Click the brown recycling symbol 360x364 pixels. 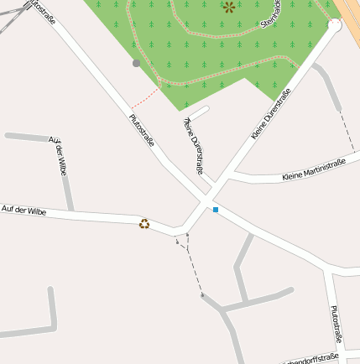point(144,224)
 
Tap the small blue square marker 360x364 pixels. point(216,210)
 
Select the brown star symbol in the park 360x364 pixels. point(229,8)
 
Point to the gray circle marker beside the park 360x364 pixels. point(136,63)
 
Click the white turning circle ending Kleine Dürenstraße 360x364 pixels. point(335,26)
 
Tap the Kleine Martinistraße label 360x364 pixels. point(314,169)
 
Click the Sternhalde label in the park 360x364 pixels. point(270,15)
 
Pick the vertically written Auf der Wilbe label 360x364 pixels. point(58,155)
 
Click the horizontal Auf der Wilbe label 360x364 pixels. point(23,210)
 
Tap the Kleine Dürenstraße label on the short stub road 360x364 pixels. point(193,144)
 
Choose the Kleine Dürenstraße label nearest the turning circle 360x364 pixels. point(271,112)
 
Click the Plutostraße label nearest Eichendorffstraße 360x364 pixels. point(336,324)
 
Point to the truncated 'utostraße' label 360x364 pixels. point(42,11)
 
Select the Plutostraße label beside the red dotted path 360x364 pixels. point(141,131)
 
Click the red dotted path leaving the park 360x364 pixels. point(148,97)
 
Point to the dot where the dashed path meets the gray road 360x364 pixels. point(202,295)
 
